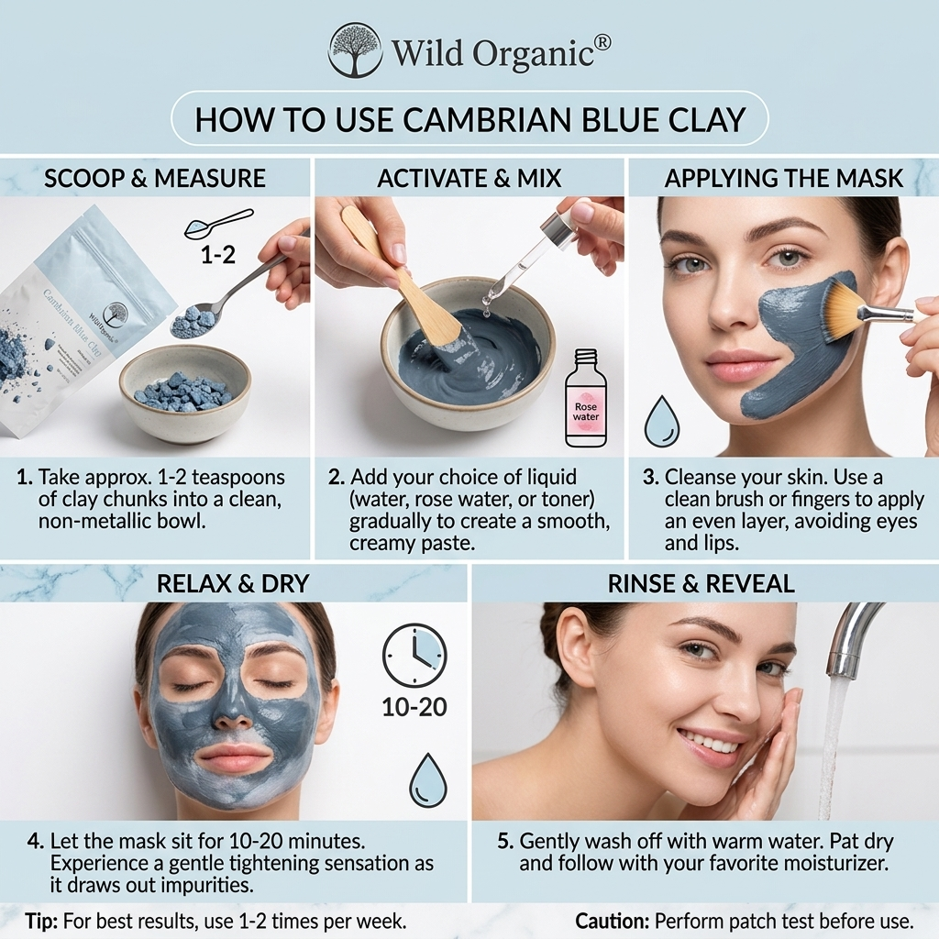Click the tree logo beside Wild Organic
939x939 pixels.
tap(355, 50)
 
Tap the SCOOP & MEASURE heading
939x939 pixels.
tap(154, 179)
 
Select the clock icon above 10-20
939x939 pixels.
tap(414, 656)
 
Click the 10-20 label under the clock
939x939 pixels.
tap(414, 707)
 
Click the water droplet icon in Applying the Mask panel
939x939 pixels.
tap(662, 420)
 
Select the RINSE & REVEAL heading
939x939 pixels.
tap(701, 584)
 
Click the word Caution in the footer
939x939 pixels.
tap(613, 921)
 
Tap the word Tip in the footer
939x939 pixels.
tap(41, 921)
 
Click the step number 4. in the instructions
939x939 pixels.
tap(36, 841)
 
